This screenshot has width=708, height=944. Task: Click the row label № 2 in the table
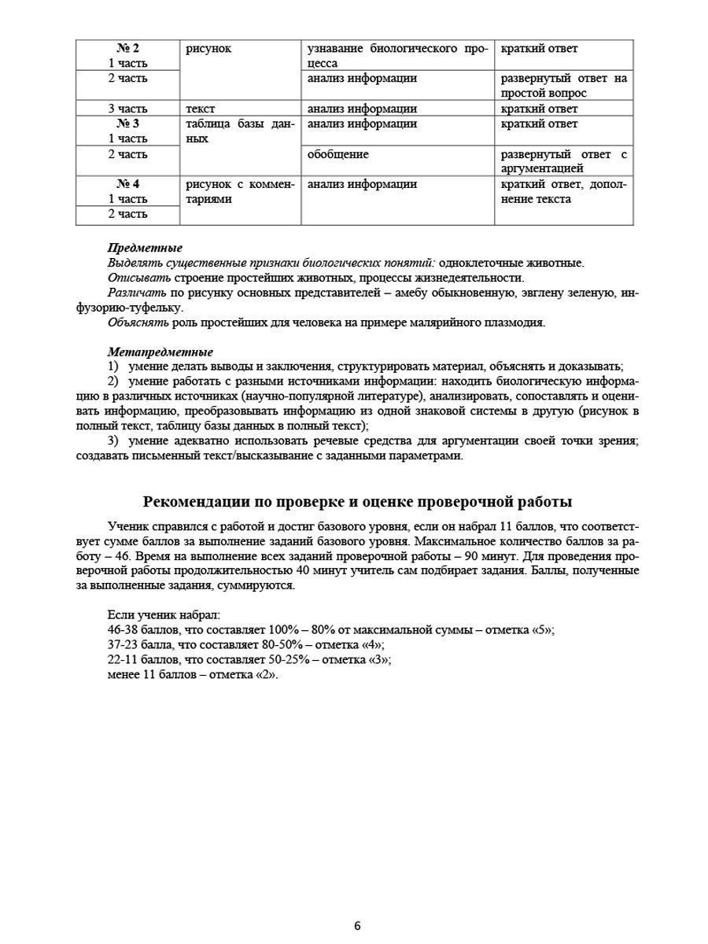tap(127, 49)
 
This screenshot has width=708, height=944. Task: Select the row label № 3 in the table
tap(127, 124)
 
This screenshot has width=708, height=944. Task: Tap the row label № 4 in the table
tap(127, 185)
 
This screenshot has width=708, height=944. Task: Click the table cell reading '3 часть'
tap(127, 109)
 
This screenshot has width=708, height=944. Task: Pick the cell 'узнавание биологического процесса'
tap(397, 56)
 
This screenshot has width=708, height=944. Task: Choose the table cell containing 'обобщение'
tap(338, 155)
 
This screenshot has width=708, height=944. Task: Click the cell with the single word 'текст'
tap(201, 109)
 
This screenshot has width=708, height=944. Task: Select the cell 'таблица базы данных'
tap(239, 131)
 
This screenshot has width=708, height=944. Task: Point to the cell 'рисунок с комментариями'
tap(239, 192)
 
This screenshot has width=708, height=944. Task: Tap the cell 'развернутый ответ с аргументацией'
tap(563, 161)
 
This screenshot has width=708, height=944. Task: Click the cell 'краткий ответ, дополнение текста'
tap(563, 192)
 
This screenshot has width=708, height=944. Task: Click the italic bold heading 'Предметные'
tap(145, 249)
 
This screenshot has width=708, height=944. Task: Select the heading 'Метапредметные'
tap(160, 352)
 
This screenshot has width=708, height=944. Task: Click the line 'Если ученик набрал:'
tap(164, 615)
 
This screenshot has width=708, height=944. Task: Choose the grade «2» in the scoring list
tap(267, 675)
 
